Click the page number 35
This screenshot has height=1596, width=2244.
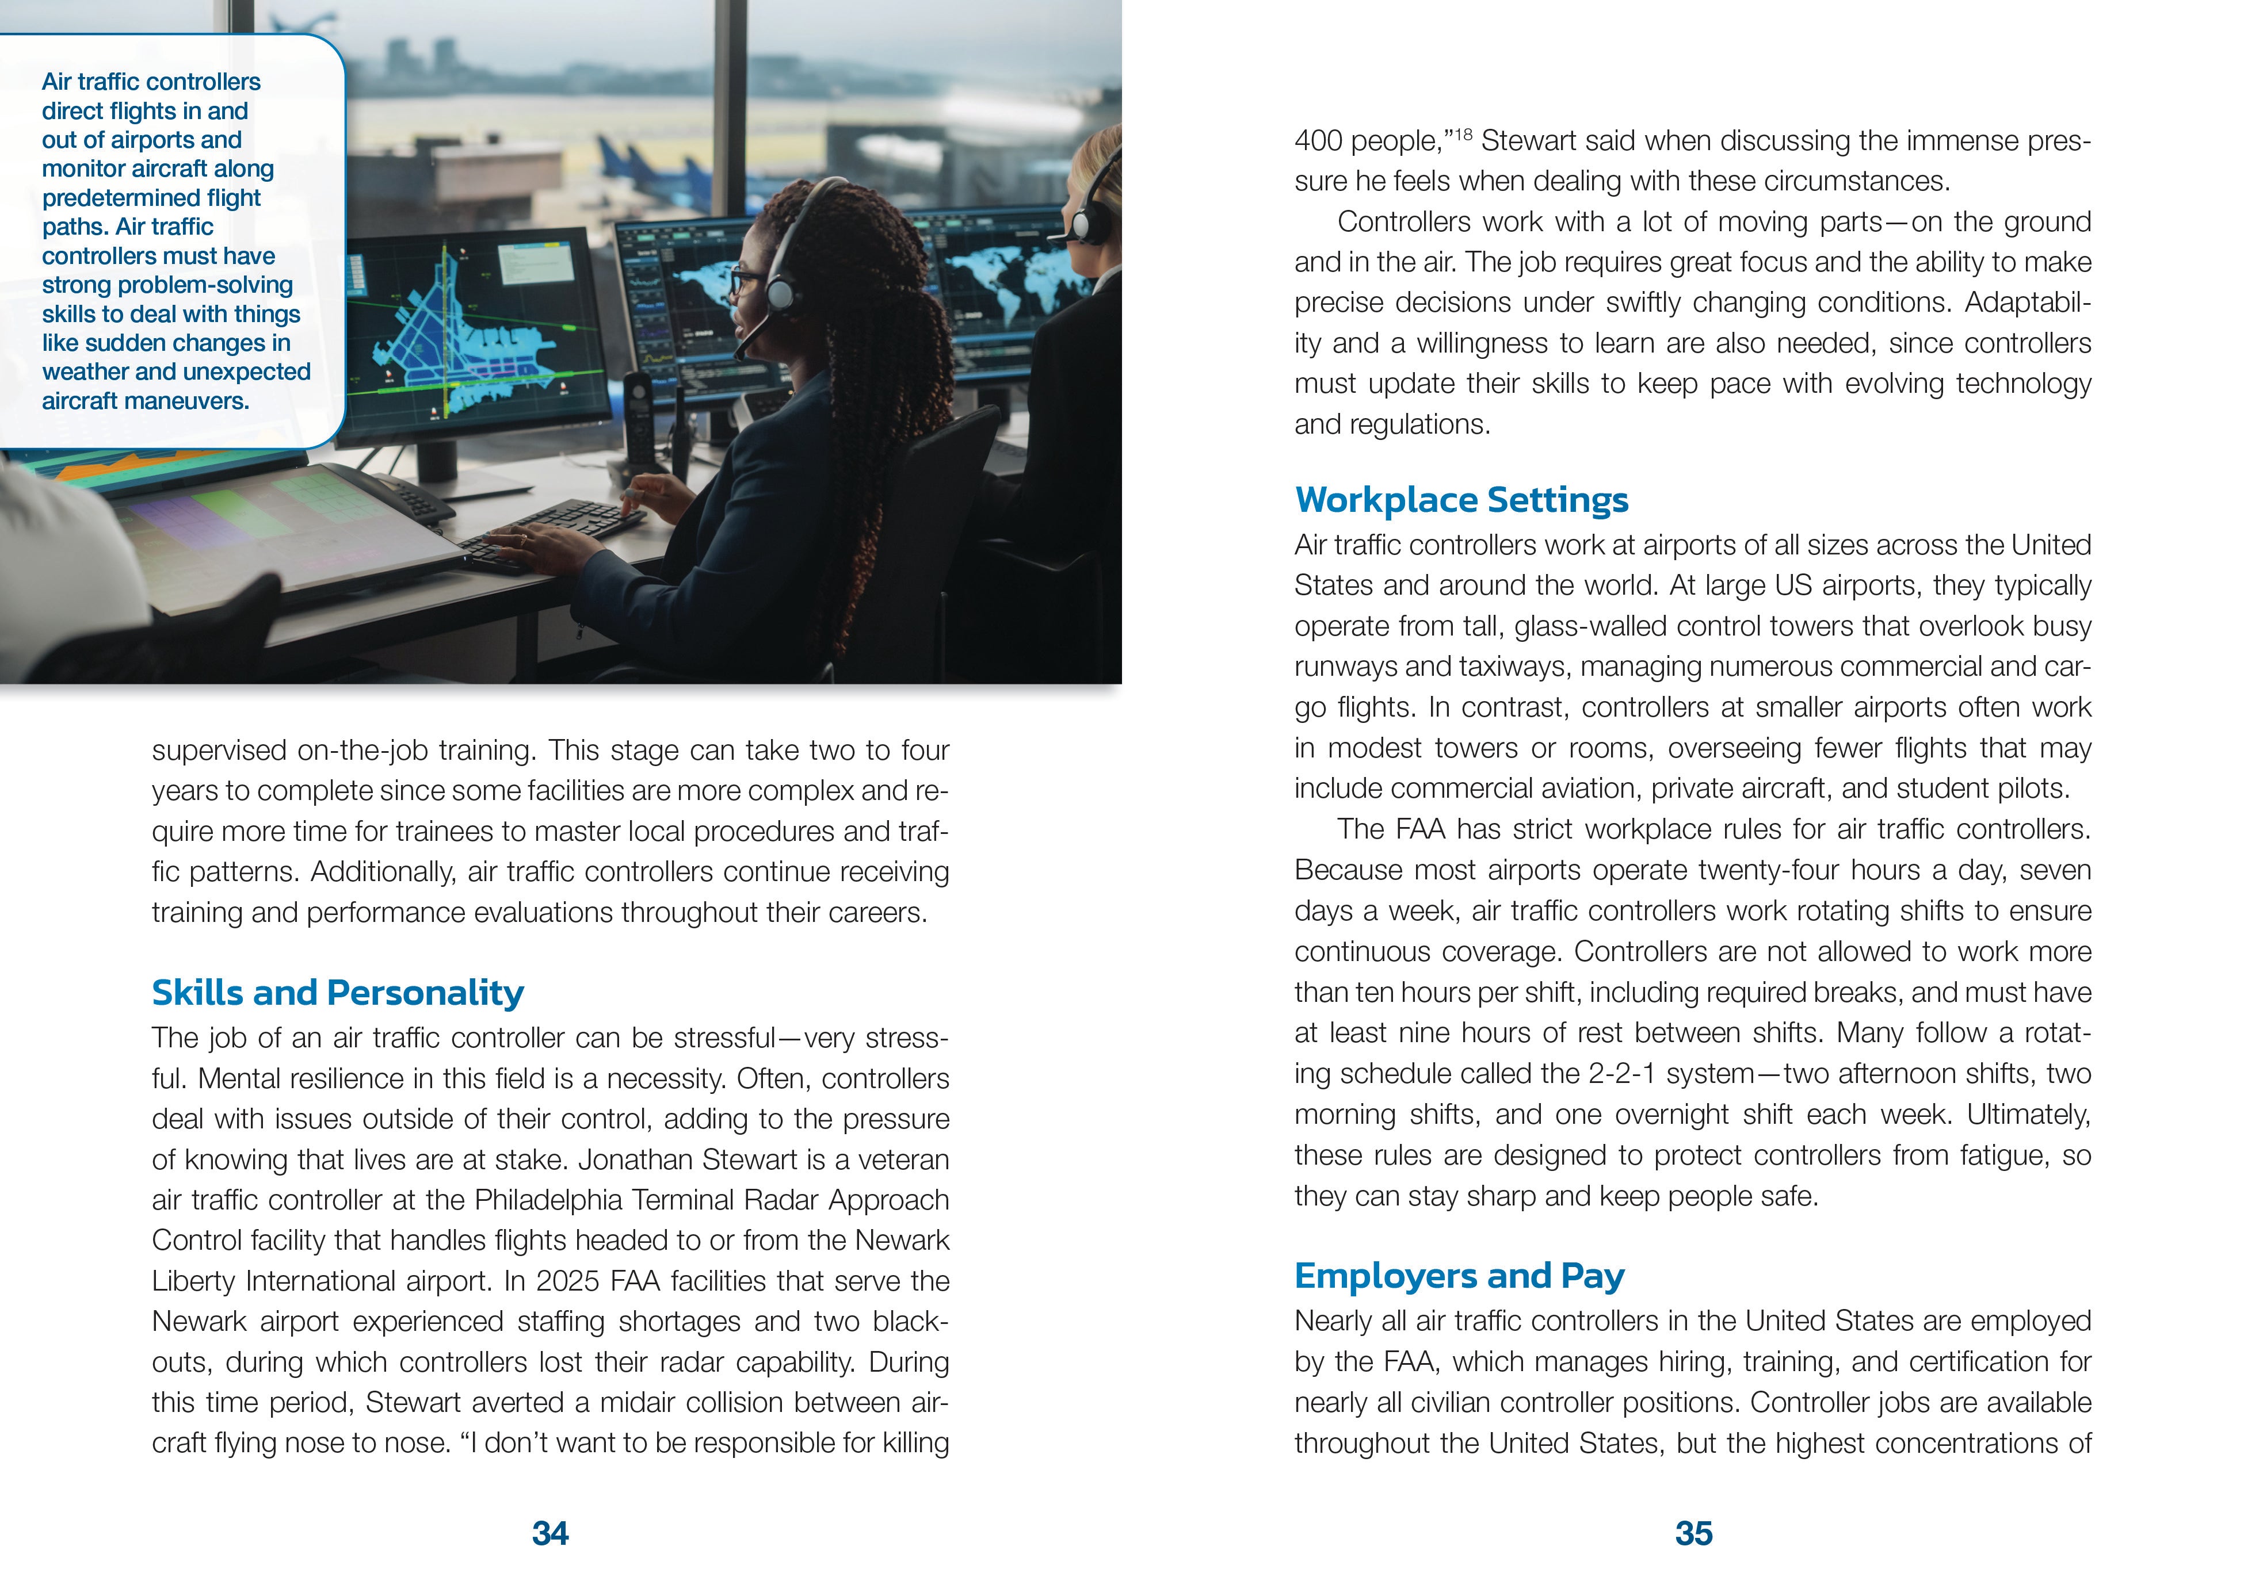click(1693, 1533)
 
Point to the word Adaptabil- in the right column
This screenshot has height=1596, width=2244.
click(2027, 302)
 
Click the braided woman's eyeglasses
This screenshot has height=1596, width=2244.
click(744, 282)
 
